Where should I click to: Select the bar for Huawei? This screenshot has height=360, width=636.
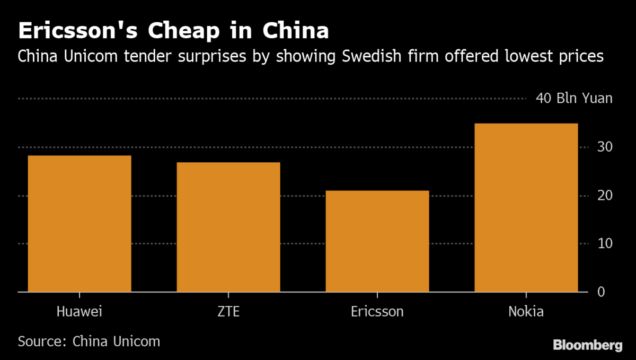pyautogui.click(x=79, y=223)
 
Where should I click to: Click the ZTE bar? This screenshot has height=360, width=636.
pyautogui.click(x=228, y=227)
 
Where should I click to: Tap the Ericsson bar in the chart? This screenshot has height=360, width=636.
pyautogui.click(x=377, y=241)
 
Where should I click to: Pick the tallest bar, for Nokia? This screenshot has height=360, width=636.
pyautogui.click(x=526, y=207)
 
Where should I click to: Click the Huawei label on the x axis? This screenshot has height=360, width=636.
pyautogui.click(x=79, y=311)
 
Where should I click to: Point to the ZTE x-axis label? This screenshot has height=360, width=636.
pyautogui.click(x=228, y=311)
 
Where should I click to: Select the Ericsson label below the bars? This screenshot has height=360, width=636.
pyautogui.click(x=377, y=311)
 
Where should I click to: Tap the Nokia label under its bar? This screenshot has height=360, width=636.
pyautogui.click(x=526, y=311)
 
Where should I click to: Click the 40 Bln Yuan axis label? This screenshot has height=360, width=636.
pyautogui.click(x=574, y=99)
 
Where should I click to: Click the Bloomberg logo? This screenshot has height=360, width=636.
pyautogui.click(x=587, y=345)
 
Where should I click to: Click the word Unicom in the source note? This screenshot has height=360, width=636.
pyautogui.click(x=135, y=341)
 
